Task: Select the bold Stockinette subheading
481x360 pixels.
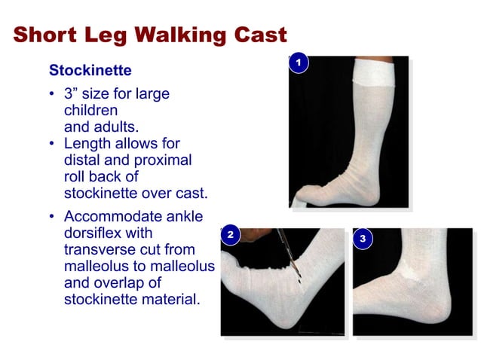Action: click(x=90, y=71)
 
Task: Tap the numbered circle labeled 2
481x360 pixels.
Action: click(x=231, y=237)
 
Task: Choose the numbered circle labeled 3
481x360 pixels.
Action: click(x=363, y=239)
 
